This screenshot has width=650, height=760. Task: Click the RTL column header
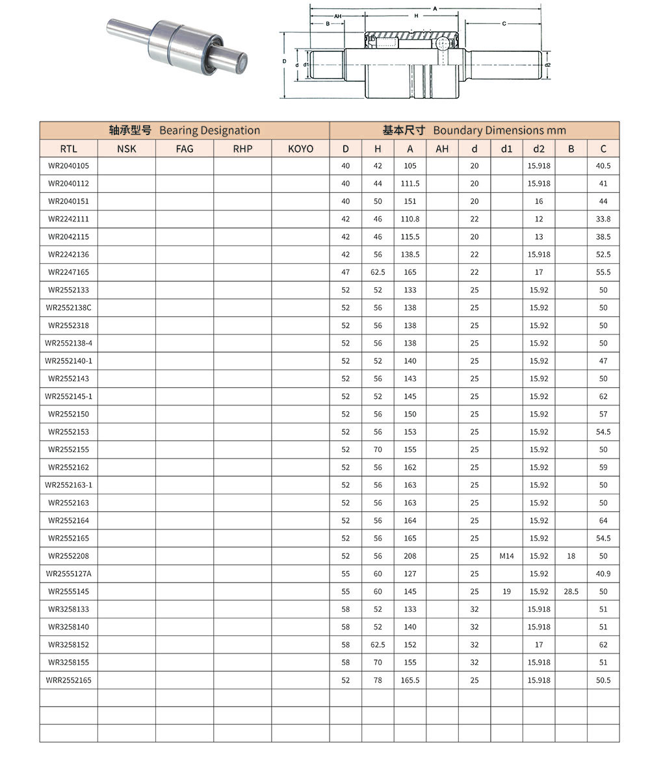coord(68,149)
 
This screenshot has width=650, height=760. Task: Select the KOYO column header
coord(300,149)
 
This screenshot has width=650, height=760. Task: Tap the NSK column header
coord(127,149)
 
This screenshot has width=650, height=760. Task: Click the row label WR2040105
coord(68,166)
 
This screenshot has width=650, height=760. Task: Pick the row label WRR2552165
coord(68,680)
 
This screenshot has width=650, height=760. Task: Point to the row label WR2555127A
coord(68,574)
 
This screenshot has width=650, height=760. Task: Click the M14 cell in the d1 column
coord(506,556)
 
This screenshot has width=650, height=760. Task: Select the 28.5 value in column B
coord(571,592)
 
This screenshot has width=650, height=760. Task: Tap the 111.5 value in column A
coord(410,184)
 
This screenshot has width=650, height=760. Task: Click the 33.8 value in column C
coord(603,219)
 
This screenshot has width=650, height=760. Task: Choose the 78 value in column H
coord(378,680)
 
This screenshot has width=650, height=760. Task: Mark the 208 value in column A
coord(410,556)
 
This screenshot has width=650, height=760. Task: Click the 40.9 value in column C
coord(603,574)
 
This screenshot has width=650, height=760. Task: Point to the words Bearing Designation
coord(209,131)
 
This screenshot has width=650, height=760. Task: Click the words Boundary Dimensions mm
coord(499,131)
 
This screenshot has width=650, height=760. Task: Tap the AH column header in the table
coord(442,149)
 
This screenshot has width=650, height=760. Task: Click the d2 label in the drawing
coord(547,65)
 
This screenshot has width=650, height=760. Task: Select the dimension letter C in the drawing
coord(504,24)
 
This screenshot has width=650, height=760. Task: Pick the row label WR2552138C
coord(68,308)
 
